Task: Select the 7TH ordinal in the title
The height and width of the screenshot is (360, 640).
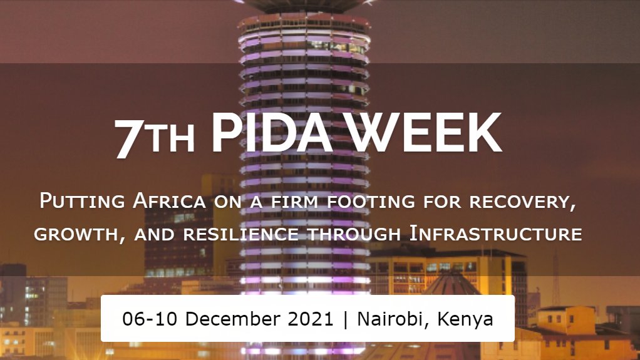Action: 155,137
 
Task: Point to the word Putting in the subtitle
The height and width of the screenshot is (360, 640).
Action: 81,202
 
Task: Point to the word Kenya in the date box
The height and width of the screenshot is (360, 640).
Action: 465,319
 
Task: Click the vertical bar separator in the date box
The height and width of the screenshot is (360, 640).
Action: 345,319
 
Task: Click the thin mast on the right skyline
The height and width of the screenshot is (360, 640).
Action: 555,275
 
